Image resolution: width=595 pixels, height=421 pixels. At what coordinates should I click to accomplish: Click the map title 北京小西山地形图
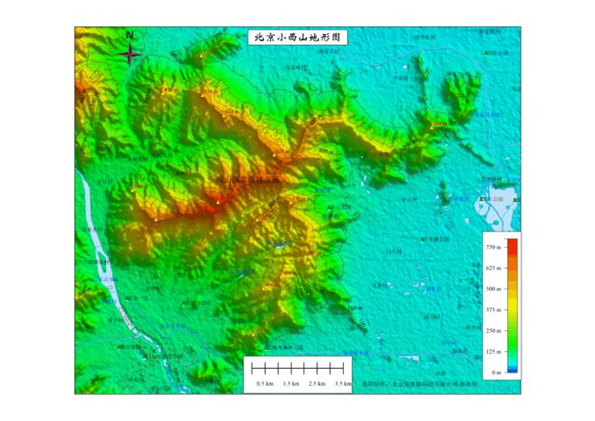pyautogui.click(x=296, y=38)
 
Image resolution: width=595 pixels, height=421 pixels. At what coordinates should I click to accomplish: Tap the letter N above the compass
pyautogui.click(x=130, y=35)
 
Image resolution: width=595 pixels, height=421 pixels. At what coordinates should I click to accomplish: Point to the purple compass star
pyautogui.click(x=130, y=55)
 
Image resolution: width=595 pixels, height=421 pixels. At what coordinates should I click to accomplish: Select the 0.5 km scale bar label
pyautogui.click(x=266, y=383)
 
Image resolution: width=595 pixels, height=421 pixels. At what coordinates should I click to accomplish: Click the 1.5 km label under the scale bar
pyautogui.click(x=291, y=383)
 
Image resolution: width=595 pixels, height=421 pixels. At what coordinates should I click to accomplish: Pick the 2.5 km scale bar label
pyautogui.click(x=317, y=383)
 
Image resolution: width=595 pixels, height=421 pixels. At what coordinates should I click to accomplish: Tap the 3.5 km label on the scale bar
pyautogui.click(x=343, y=383)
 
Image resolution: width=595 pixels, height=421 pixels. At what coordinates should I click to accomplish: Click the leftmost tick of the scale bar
pyautogui.click(x=253, y=368)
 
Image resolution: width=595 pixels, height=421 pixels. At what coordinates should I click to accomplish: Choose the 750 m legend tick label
pyautogui.click(x=492, y=246)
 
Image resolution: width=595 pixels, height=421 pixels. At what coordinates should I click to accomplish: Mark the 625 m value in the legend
pyautogui.click(x=492, y=268)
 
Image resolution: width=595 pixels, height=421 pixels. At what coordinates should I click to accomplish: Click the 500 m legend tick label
pyautogui.click(x=492, y=288)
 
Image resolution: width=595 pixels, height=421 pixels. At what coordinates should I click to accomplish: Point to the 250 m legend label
pyautogui.click(x=492, y=330)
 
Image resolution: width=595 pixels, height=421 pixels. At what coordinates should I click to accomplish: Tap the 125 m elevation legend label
pyautogui.click(x=492, y=351)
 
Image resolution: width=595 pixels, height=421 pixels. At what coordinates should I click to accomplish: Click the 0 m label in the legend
pyautogui.click(x=495, y=372)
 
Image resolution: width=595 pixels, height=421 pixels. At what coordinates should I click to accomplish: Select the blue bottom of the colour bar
pyautogui.click(x=512, y=369)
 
